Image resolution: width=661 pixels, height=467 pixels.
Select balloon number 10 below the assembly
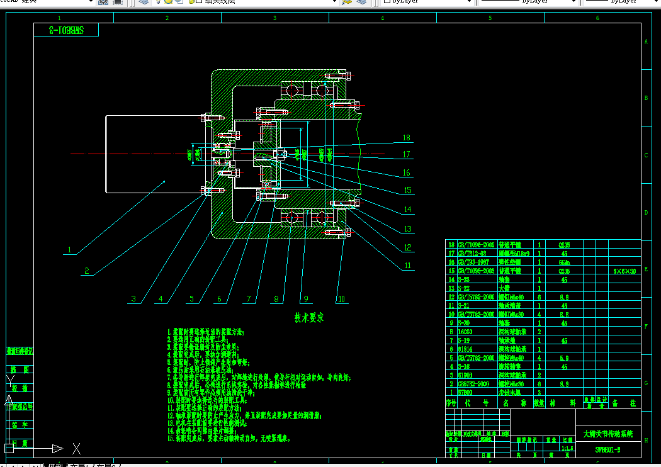pos(341,299)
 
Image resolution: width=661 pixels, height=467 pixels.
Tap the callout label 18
pos(407,137)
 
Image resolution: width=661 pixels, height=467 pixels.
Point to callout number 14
pos(407,210)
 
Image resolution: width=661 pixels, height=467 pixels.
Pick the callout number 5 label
pos(191,299)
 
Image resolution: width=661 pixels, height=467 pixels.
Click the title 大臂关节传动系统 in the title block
pos(607,434)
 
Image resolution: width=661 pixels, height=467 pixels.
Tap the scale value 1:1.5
pos(567,449)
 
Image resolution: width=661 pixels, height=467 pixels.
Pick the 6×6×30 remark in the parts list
pos(624,271)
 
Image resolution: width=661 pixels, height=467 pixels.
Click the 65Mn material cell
pos(564,262)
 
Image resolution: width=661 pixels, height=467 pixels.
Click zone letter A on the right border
pos(645,42)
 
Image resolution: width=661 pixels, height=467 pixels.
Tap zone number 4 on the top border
pos(382,18)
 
